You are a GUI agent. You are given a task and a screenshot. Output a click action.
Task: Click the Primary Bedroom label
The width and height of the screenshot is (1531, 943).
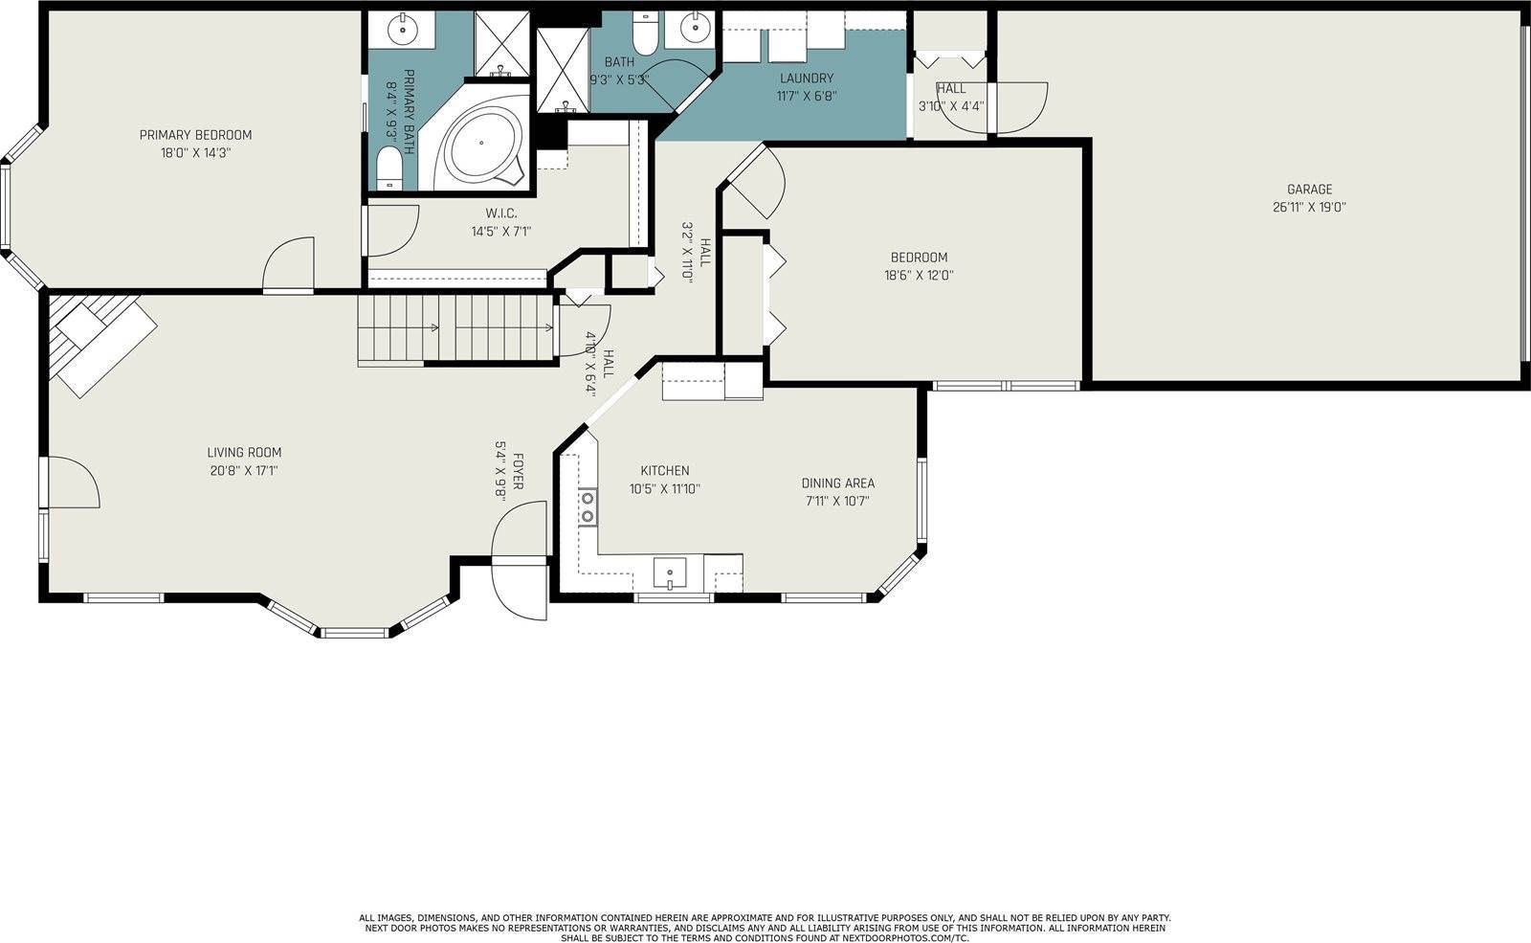[195, 135]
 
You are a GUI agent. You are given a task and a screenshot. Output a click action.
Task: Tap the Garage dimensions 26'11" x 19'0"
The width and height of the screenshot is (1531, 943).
[1309, 207]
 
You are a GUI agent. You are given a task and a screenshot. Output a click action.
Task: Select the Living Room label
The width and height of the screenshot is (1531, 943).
[244, 453]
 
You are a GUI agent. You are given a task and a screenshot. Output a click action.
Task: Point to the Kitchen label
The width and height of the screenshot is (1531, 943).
[664, 470]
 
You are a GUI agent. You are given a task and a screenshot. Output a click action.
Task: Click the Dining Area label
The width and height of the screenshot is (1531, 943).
[838, 483]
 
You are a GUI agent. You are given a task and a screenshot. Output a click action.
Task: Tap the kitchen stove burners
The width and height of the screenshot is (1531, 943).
[588, 507]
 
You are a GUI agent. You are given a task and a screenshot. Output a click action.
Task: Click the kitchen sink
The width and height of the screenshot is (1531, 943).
[670, 573]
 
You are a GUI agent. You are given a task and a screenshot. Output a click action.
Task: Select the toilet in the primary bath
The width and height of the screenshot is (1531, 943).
[389, 168]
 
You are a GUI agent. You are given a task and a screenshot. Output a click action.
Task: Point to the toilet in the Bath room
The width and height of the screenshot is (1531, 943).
[644, 33]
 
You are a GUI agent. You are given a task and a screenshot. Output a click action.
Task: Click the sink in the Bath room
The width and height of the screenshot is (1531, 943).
[695, 30]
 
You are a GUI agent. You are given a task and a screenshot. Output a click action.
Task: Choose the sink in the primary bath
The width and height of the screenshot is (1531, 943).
[403, 30]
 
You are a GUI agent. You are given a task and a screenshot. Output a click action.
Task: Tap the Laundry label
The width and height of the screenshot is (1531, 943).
[807, 78]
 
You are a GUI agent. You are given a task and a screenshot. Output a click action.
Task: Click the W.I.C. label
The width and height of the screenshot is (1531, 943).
[501, 213]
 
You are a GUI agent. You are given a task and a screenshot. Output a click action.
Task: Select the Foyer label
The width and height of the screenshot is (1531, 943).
[518, 471]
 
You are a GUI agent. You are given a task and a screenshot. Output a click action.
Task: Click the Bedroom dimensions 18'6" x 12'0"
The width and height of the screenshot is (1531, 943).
[919, 276]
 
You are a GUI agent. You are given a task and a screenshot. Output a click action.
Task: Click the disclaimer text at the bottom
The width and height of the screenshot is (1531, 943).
[765, 928]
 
